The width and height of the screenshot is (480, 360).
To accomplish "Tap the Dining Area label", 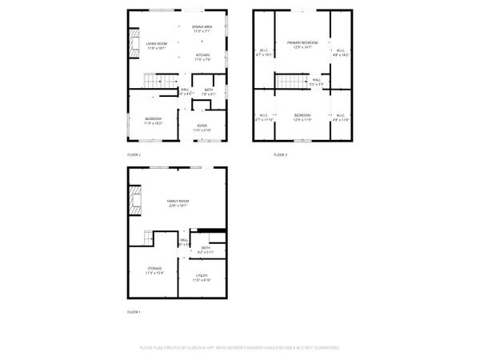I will [202, 26].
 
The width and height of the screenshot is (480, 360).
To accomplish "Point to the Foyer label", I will [203, 126].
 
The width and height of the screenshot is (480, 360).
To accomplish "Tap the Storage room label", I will [154, 269].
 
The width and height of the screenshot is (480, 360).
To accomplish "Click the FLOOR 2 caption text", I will [134, 154].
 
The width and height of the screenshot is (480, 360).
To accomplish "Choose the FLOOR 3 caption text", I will [280, 154].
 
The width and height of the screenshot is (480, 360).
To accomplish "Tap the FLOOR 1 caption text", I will [134, 311].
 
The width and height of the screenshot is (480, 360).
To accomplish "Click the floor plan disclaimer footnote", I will [239, 348].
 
